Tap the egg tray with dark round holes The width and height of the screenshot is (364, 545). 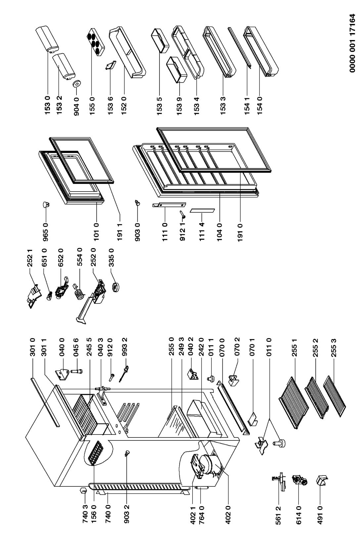(x=95, y=42)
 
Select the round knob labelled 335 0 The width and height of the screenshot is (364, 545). (x=116, y=288)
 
